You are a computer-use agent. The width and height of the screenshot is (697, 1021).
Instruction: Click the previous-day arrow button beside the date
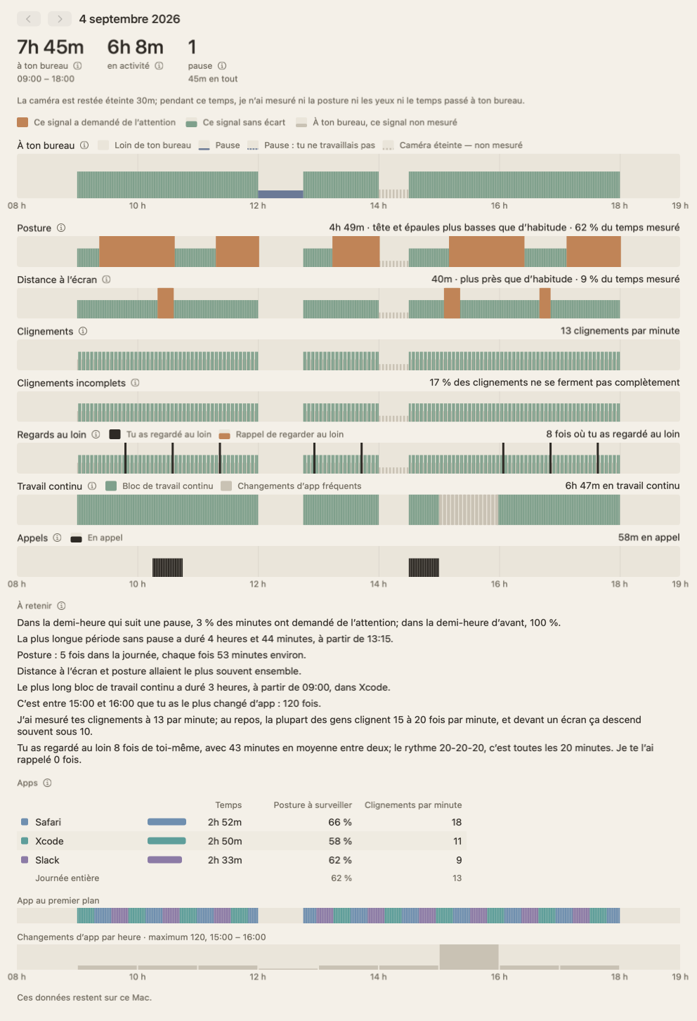(29, 19)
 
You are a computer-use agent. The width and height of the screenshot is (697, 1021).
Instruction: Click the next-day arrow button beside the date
(59, 19)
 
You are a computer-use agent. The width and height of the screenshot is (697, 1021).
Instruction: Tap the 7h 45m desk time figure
(50, 47)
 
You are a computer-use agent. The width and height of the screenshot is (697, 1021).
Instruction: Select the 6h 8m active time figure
(135, 47)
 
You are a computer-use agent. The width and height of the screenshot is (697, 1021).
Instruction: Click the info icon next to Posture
(61, 228)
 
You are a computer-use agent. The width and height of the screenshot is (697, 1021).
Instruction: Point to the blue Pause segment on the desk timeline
(280, 194)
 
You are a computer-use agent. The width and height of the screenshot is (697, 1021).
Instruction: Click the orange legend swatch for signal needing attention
(22, 122)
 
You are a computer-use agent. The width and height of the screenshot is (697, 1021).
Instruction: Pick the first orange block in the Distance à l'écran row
(166, 303)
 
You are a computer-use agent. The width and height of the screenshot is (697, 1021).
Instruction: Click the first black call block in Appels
(167, 567)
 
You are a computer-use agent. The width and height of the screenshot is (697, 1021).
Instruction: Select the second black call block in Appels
(424, 567)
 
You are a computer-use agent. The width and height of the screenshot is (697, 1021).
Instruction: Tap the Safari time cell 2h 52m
(225, 822)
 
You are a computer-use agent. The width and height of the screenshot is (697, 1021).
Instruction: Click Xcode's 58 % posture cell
(340, 841)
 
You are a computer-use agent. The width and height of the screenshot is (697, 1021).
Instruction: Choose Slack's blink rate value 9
(459, 860)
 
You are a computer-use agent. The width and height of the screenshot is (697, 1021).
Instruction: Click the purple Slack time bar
(164, 860)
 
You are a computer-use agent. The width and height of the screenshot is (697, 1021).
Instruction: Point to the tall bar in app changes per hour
(469, 957)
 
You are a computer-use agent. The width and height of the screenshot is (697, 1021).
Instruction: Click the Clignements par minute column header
(413, 805)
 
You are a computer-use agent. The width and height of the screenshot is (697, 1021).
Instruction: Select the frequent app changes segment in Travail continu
(469, 509)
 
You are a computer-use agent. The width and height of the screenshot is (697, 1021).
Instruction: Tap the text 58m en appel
(649, 538)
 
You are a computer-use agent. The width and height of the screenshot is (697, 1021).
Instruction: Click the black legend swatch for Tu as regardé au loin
(115, 434)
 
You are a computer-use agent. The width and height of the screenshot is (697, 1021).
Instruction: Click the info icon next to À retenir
(62, 606)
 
